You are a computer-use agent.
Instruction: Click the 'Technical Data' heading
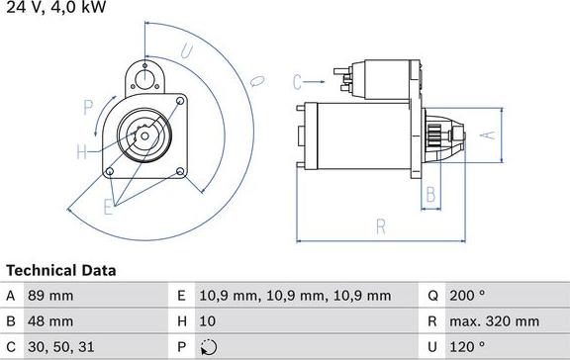(61, 270)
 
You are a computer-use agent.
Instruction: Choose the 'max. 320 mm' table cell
(496, 321)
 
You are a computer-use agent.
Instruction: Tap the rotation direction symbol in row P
(206, 347)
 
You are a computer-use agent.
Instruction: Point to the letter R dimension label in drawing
(380, 226)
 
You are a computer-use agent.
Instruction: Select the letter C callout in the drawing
(297, 80)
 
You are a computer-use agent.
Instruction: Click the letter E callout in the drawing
(108, 208)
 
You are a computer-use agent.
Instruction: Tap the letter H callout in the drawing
(81, 152)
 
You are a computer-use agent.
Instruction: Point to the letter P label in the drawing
(88, 106)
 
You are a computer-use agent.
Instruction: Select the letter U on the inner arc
(187, 50)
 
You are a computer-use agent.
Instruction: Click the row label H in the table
(180, 321)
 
